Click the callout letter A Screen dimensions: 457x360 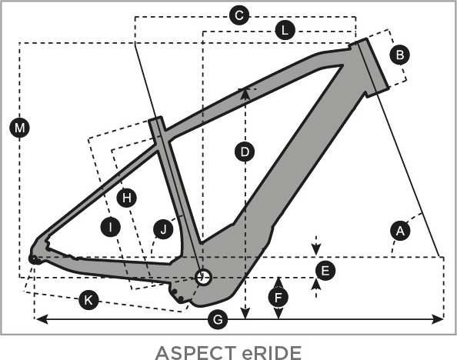point(400,231)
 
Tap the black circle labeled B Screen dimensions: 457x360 point(400,55)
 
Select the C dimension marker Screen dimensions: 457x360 point(239,15)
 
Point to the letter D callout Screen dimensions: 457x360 point(245,152)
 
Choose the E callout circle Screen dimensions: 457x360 point(325,271)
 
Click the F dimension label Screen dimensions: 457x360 point(279,298)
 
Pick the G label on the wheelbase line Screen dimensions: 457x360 point(218,319)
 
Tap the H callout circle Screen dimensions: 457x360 point(127,198)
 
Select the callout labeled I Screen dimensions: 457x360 point(111,227)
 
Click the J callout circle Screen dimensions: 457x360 point(164,229)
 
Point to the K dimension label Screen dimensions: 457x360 point(88,299)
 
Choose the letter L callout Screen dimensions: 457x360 point(285,30)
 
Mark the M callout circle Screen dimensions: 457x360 point(19,128)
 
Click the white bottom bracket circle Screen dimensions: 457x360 point(203,277)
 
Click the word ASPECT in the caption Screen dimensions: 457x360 point(196,353)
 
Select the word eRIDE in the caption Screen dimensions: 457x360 point(272,353)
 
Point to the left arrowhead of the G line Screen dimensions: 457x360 point(41,319)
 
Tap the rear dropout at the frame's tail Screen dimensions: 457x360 point(34,259)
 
